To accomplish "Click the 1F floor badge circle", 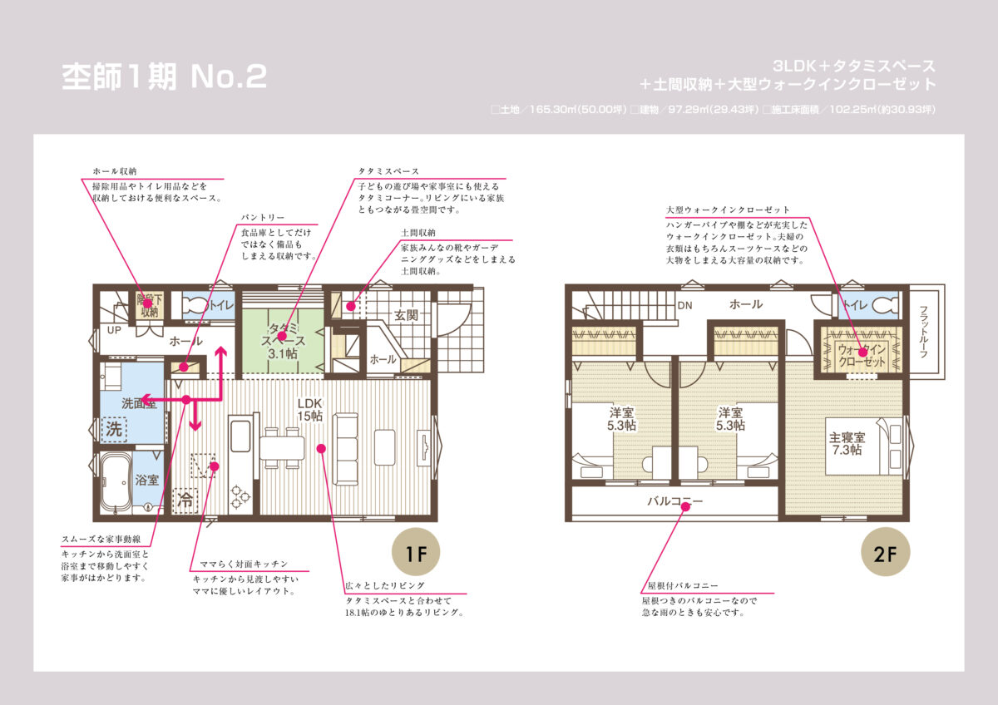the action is tap(416, 552).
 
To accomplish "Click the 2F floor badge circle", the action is tap(885, 552).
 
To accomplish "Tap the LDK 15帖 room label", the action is tap(310, 410).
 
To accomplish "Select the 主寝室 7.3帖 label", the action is tap(847, 444).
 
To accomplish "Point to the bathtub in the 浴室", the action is tap(115, 483).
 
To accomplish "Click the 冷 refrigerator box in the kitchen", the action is tap(185, 500).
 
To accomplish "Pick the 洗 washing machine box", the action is tap(114, 429).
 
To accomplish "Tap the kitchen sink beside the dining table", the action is tap(240, 436).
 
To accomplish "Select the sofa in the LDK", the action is tap(346, 449).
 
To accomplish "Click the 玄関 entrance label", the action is tap(406, 316).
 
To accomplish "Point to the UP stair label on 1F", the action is tap(114, 330).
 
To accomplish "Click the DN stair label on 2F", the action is tap(684, 305).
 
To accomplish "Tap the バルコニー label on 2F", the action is tap(675, 501).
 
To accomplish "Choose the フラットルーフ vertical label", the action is tap(924, 332).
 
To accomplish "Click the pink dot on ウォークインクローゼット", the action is tap(863, 352).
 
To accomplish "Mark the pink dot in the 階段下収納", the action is tap(147, 303).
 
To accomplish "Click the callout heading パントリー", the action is tap(263, 217).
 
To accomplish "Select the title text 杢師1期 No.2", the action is tap(165, 76).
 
